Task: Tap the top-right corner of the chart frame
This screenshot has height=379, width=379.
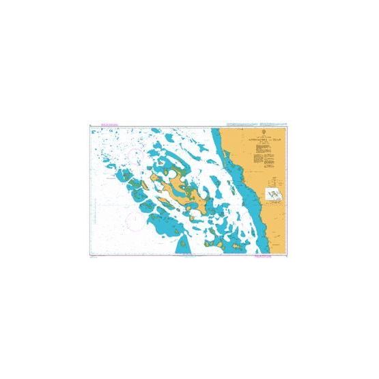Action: coord(290,126)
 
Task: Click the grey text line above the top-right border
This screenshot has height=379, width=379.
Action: coord(273,124)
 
